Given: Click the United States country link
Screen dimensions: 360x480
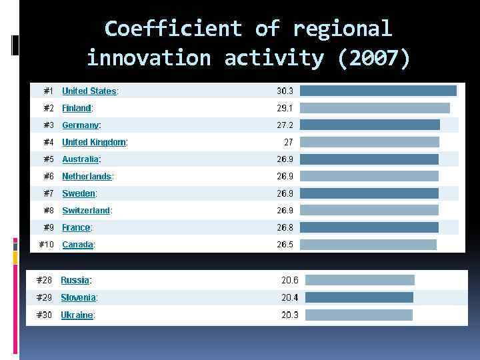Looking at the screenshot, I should pyautogui.click(x=89, y=91).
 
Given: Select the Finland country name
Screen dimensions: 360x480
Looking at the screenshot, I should pyautogui.click(x=77, y=108).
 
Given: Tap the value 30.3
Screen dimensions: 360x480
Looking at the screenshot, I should pyautogui.click(x=285, y=91).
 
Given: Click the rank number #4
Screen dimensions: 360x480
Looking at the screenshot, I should pyautogui.click(x=49, y=142).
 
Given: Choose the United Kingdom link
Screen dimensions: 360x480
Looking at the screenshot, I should pyautogui.click(x=94, y=142).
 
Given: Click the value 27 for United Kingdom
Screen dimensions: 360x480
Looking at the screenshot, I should pyautogui.click(x=289, y=142).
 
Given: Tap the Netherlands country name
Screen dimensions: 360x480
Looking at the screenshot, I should pyautogui.click(x=87, y=177).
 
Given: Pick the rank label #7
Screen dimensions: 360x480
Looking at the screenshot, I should pyautogui.click(x=49, y=193).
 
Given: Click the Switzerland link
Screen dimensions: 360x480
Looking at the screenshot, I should pyautogui.click(x=86, y=211).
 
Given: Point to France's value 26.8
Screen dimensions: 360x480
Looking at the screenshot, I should pyautogui.click(x=285, y=227).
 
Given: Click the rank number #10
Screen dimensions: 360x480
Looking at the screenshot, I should pyautogui.click(x=46, y=245).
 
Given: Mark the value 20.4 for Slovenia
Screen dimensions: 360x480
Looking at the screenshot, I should pyautogui.click(x=289, y=297).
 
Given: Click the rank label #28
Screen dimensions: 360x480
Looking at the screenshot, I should pyautogui.click(x=44, y=280).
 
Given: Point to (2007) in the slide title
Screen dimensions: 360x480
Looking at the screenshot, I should pyautogui.click(x=375, y=59).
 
